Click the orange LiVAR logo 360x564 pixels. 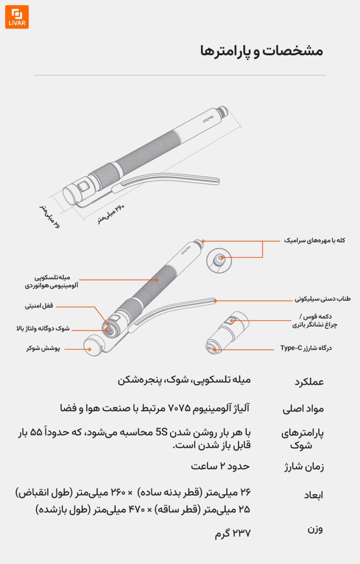[17, 17]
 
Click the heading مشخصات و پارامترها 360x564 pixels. [261, 51]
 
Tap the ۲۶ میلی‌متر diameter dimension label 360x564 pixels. [49, 215]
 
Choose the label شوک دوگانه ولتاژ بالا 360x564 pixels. [43, 329]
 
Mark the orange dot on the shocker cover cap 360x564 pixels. [90, 348]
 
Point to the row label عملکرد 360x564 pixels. [309, 382]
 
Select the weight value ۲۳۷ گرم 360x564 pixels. [233, 533]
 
